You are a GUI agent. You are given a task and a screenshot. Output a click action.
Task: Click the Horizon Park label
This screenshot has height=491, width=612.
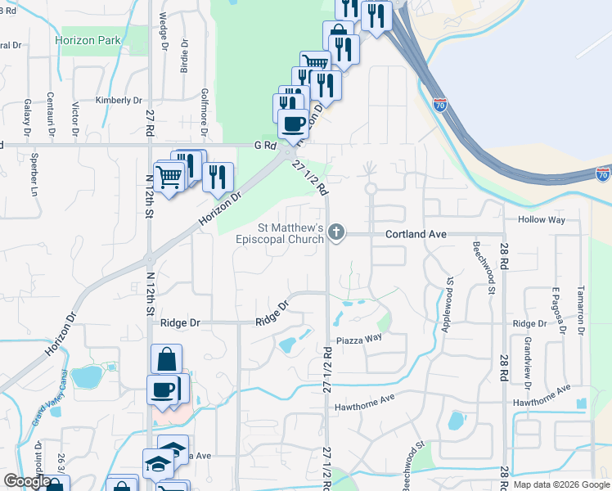coord(88,40)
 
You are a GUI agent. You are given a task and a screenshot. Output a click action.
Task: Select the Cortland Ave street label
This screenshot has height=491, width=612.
coord(416,234)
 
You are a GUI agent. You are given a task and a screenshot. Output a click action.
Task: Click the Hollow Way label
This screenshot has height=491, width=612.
coord(542,220)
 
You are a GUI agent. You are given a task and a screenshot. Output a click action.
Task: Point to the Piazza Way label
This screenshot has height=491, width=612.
coord(358,338)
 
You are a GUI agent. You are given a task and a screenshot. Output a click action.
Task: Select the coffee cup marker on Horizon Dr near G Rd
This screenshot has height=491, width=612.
coord(293,124)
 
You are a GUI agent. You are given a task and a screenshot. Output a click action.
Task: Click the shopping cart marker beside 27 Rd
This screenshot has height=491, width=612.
coord(169,176)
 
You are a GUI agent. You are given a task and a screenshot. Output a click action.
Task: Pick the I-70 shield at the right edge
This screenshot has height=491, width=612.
coord(602,173)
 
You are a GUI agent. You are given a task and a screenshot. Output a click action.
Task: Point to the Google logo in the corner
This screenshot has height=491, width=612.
coord(27,481)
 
